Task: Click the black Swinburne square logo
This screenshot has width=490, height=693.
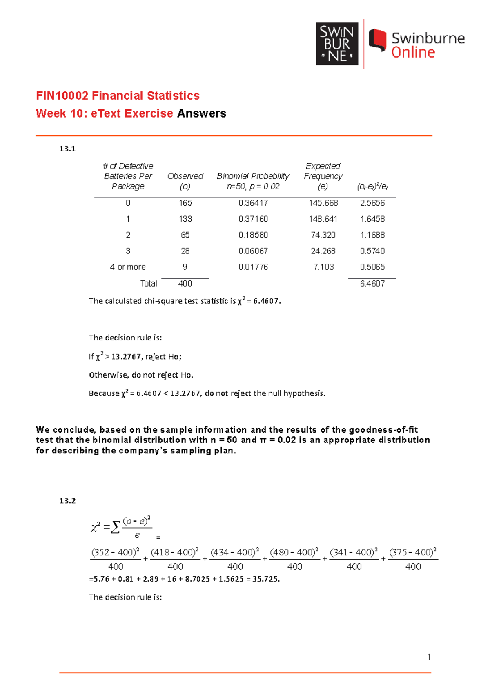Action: [337, 44]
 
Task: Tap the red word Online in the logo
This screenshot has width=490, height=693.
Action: [413, 53]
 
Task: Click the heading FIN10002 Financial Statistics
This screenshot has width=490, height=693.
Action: [118, 96]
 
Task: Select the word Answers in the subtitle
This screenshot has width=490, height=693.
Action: [202, 113]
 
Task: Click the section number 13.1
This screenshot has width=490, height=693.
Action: [67, 149]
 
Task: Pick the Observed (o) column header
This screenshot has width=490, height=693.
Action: [185, 181]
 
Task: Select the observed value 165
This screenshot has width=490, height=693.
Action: [185, 203]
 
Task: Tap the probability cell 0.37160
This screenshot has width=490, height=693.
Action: [253, 219]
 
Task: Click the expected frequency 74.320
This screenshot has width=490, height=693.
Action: [323, 235]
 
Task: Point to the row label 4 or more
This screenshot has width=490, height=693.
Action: [128, 267]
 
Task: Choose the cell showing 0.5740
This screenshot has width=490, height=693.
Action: [372, 251]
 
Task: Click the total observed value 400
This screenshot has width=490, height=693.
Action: [185, 284]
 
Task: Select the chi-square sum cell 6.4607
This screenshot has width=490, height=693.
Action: [372, 284]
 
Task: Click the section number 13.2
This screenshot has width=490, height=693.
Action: [67, 501]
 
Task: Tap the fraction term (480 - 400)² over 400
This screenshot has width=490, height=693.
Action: [294, 559]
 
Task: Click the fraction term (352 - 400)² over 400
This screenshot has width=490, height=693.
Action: [116, 559]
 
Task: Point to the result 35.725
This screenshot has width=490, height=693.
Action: [265, 579]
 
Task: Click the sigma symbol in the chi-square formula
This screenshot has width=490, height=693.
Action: [116, 527]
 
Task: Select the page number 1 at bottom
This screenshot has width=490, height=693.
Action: [429, 657]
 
